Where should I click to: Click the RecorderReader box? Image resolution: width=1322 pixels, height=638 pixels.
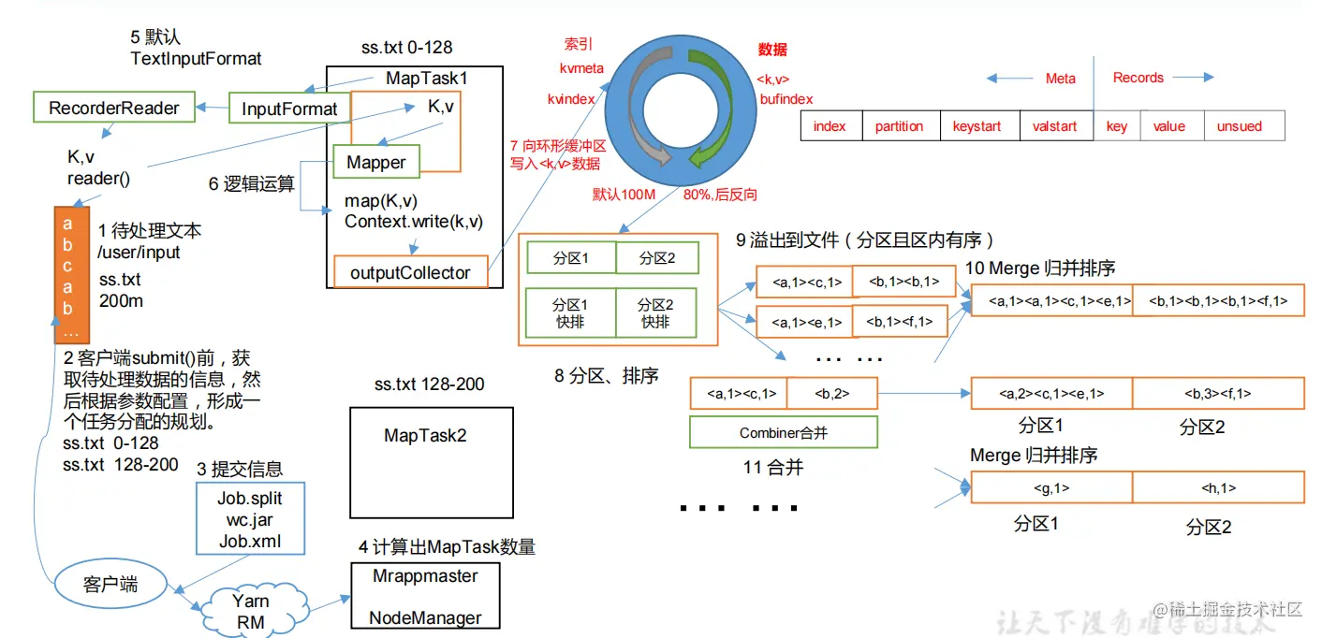113,108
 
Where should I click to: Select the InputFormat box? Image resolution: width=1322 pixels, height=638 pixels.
289,109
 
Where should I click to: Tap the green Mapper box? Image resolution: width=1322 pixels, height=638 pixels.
375,162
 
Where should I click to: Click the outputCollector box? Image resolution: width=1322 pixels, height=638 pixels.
410,272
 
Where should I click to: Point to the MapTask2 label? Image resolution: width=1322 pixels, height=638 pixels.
425,435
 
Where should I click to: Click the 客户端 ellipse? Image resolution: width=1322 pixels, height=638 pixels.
110,584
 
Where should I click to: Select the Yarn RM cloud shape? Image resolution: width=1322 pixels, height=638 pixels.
250,611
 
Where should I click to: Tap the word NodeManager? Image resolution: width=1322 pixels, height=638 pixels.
425,617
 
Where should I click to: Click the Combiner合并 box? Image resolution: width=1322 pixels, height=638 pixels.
783,433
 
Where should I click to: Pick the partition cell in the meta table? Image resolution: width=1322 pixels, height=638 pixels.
899,126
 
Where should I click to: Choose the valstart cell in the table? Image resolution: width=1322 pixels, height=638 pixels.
1055,126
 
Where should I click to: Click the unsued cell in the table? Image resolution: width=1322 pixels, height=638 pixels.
1239,126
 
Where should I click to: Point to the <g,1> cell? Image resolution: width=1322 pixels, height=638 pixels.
1050,487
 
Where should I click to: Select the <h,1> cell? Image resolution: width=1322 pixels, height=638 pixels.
1218,487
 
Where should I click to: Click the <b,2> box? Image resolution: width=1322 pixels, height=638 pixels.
831,394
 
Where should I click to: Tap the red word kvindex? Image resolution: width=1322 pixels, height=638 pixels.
571,98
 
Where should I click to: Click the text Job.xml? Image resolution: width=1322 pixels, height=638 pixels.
249,541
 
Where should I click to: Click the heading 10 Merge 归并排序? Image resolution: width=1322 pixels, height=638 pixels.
1040,268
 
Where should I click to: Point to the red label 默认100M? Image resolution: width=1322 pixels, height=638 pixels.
622,195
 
